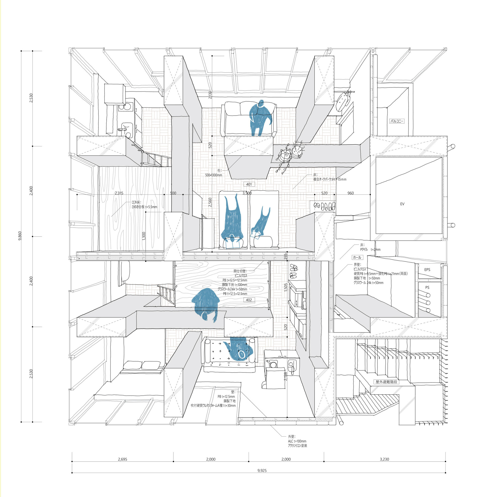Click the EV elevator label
pyautogui.click(x=402, y=204)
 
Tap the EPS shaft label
pyautogui.click(x=427, y=270)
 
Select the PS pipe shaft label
pyautogui.click(x=427, y=288)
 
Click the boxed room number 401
pyautogui.click(x=249, y=184)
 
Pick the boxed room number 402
pyautogui.click(x=249, y=300)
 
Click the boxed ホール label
pyautogui.click(x=357, y=257)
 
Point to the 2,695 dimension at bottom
pyautogui.click(x=123, y=459)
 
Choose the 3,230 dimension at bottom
pyautogui.click(x=384, y=459)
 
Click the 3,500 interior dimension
pyautogui.click(x=247, y=193)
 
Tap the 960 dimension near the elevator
pyautogui.click(x=351, y=193)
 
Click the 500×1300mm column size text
pyautogui.click(x=213, y=175)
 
